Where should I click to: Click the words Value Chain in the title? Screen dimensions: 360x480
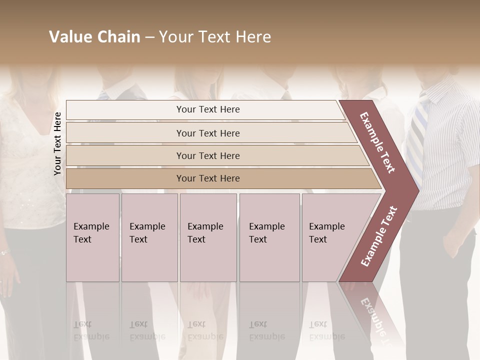click(94, 37)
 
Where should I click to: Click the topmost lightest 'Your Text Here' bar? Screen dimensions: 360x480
click(207, 109)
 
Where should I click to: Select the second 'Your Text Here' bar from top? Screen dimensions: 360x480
click(207, 133)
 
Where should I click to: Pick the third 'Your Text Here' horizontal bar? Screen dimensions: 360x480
click(207, 155)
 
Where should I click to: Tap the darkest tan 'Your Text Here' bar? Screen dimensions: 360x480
click(207, 178)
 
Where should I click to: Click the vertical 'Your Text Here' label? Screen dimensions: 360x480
click(58, 143)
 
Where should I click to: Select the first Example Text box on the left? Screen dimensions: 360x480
click(92, 237)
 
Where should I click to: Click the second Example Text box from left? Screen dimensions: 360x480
click(149, 237)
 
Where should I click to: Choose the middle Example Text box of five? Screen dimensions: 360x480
click(208, 237)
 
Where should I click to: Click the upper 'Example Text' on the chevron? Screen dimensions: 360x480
click(377, 142)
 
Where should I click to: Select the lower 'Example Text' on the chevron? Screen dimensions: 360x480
click(379, 236)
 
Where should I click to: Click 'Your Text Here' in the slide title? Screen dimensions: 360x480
click(215, 37)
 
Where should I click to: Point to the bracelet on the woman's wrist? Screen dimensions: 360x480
click(5, 252)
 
